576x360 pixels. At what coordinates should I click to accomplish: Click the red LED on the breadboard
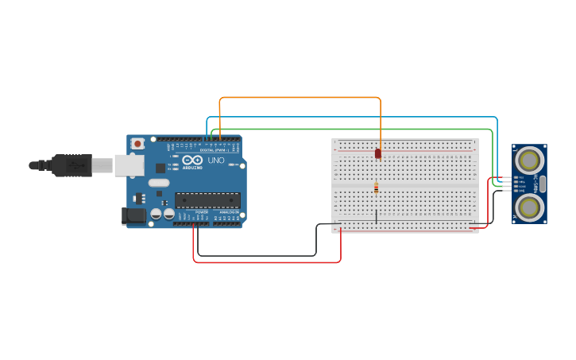click(378, 153)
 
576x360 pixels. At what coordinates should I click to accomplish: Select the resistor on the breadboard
click(376, 188)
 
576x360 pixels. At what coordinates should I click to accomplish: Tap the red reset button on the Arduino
click(137, 144)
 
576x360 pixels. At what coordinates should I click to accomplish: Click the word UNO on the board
click(216, 161)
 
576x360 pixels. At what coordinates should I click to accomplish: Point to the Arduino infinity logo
click(193, 160)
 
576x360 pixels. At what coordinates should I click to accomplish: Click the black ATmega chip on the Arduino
click(207, 200)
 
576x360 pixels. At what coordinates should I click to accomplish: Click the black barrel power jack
click(133, 215)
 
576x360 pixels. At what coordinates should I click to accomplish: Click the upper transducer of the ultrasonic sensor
click(528, 161)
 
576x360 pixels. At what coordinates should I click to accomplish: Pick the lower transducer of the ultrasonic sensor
click(528, 207)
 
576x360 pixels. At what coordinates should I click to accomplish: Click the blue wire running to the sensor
click(350, 118)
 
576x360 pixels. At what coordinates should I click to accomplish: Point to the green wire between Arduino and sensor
click(350, 129)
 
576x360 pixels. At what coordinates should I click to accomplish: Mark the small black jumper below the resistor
click(376, 215)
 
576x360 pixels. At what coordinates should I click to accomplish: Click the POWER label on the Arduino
click(202, 212)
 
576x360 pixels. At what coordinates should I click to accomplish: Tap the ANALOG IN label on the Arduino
click(228, 212)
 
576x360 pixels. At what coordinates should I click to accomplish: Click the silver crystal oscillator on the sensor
click(543, 184)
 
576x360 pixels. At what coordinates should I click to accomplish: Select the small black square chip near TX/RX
click(160, 168)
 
